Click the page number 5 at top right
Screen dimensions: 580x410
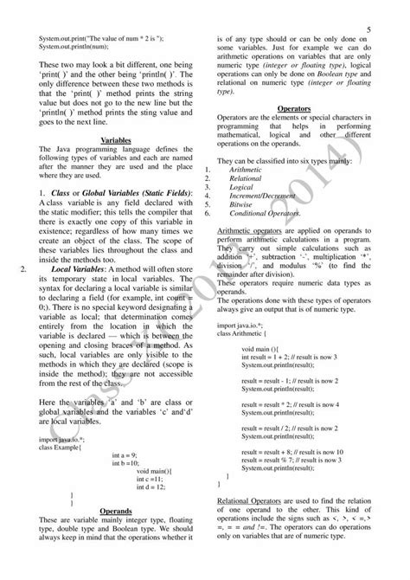click(368, 29)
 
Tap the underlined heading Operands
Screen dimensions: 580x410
click(116, 511)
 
